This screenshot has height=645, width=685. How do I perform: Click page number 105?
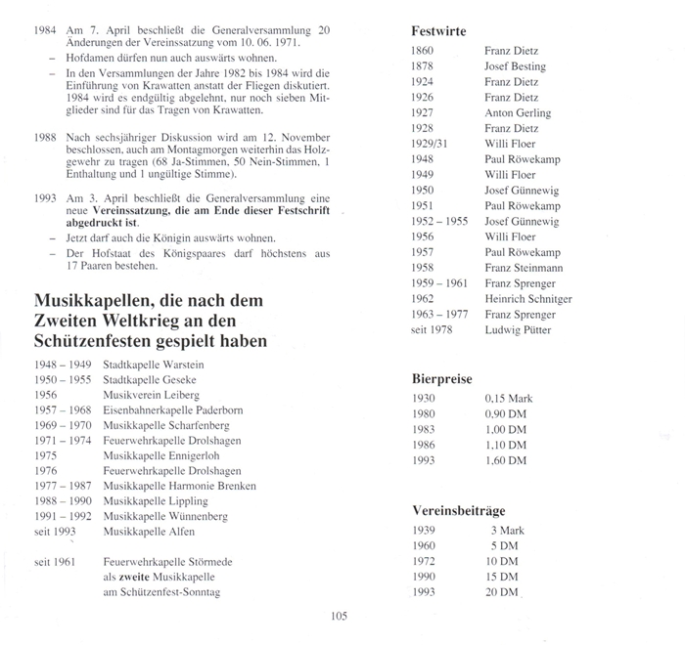point(340,616)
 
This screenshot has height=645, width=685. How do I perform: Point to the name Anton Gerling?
point(518,113)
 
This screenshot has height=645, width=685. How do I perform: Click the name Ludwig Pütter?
point(518,329)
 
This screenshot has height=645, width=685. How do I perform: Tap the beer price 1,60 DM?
point(506,460)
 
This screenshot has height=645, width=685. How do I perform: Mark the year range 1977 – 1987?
point(61,486)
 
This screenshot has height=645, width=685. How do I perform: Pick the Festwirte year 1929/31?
point(432,145)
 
